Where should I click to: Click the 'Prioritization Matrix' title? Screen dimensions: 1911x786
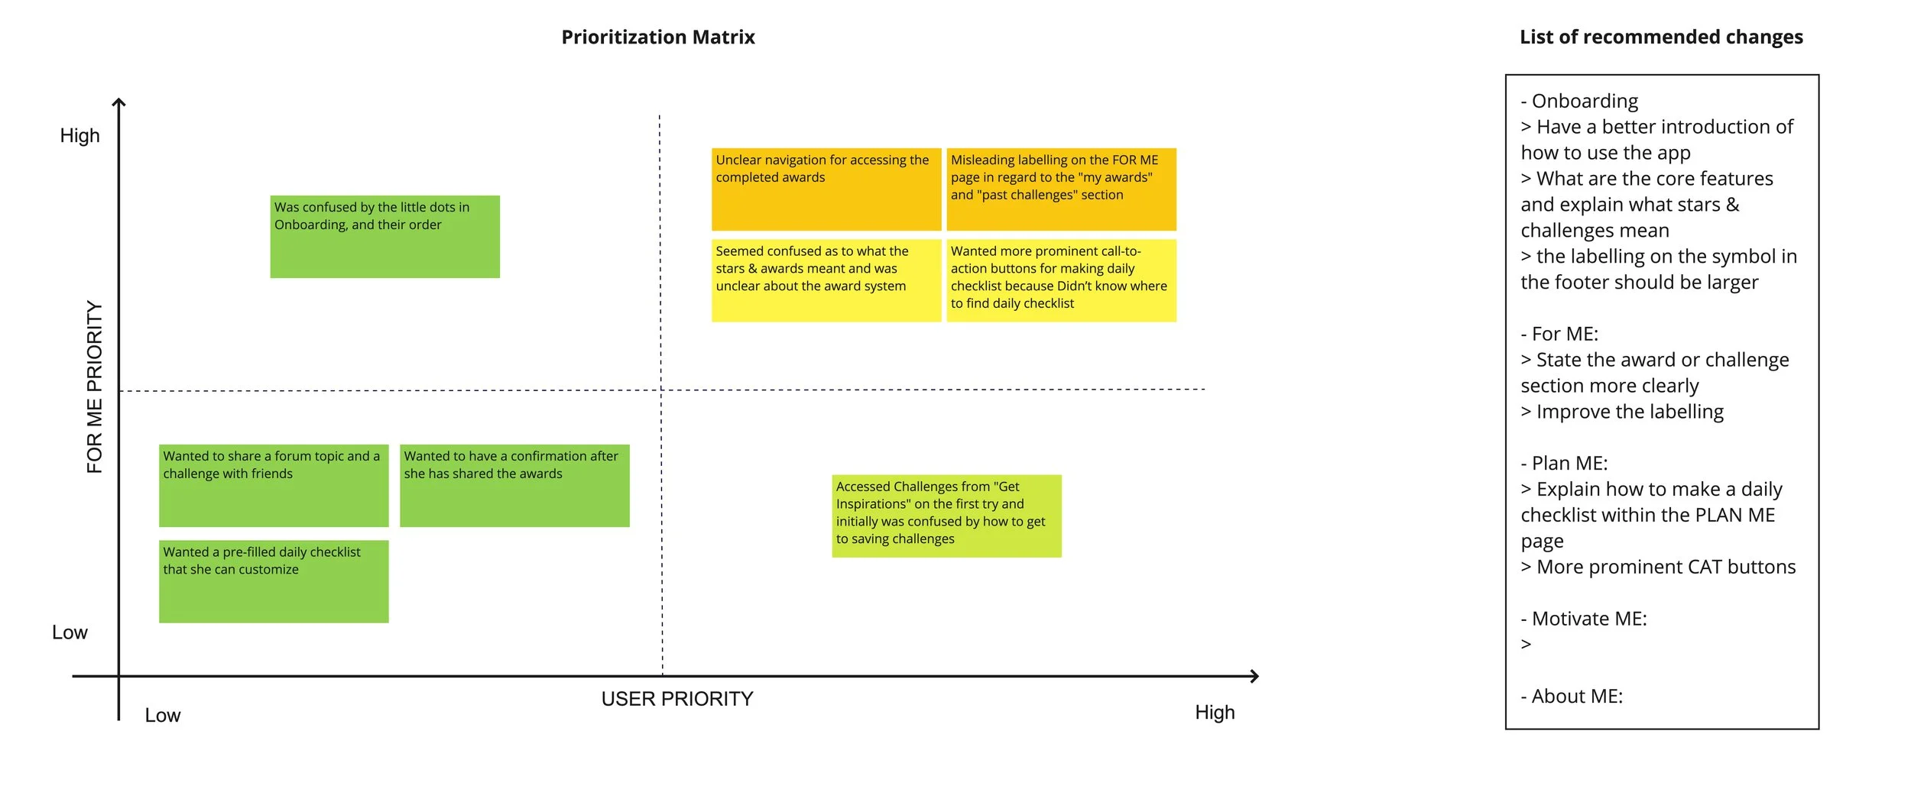point(657,37)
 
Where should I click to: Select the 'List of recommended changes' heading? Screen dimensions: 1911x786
point(1660,37)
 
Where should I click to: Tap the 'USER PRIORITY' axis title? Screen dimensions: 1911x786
point(676,699)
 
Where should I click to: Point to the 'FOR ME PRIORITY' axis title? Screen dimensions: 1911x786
point(94,387)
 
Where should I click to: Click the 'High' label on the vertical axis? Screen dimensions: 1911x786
point(79,136)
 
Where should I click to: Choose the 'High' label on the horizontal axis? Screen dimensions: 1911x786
point(1215,713)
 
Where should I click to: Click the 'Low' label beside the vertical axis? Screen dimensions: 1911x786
point(70,632)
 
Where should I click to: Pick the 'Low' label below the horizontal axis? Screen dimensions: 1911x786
point(162,716)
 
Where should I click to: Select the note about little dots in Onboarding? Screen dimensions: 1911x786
point(384,237)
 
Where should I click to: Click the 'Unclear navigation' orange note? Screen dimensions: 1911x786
point(826,189)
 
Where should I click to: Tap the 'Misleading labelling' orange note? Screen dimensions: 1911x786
point(1061,189)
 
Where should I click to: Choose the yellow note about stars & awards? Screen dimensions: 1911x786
point(826,280)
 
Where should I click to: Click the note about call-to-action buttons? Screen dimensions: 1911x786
point(1061,280)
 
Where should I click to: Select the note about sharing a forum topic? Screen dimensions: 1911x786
point(274,486)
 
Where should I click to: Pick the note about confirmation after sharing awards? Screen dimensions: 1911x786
point(514,486)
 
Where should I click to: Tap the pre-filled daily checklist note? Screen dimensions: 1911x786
point(274,581)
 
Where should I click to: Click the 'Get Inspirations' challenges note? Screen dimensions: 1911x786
point(946,516)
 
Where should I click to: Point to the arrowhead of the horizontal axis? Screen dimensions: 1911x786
point(1254,676)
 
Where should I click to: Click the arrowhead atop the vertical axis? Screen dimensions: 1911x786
point(118,103)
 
